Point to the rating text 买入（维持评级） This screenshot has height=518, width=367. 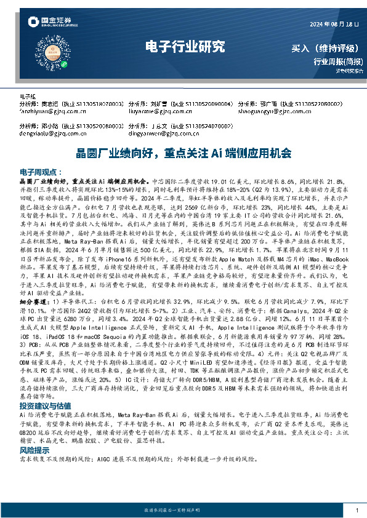coord(327,47)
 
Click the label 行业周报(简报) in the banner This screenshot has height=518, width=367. coord(338,61)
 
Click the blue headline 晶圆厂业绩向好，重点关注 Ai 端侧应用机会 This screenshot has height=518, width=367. coord(183,152)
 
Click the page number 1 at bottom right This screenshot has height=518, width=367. coord(357,511)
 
